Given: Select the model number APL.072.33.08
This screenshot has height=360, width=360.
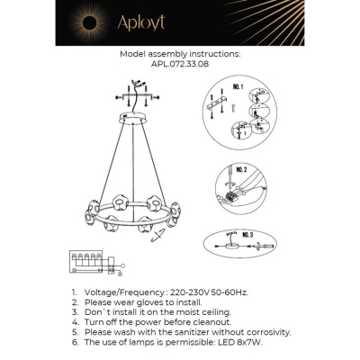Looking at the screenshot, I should click(179, 66).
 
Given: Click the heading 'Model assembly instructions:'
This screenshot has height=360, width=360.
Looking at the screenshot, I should click(179, 55).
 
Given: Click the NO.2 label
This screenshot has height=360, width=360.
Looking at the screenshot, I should click(240, 168).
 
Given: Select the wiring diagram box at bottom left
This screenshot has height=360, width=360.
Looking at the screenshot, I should click(89, 262).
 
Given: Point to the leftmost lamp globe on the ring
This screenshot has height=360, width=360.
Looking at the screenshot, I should click(91, 220).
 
